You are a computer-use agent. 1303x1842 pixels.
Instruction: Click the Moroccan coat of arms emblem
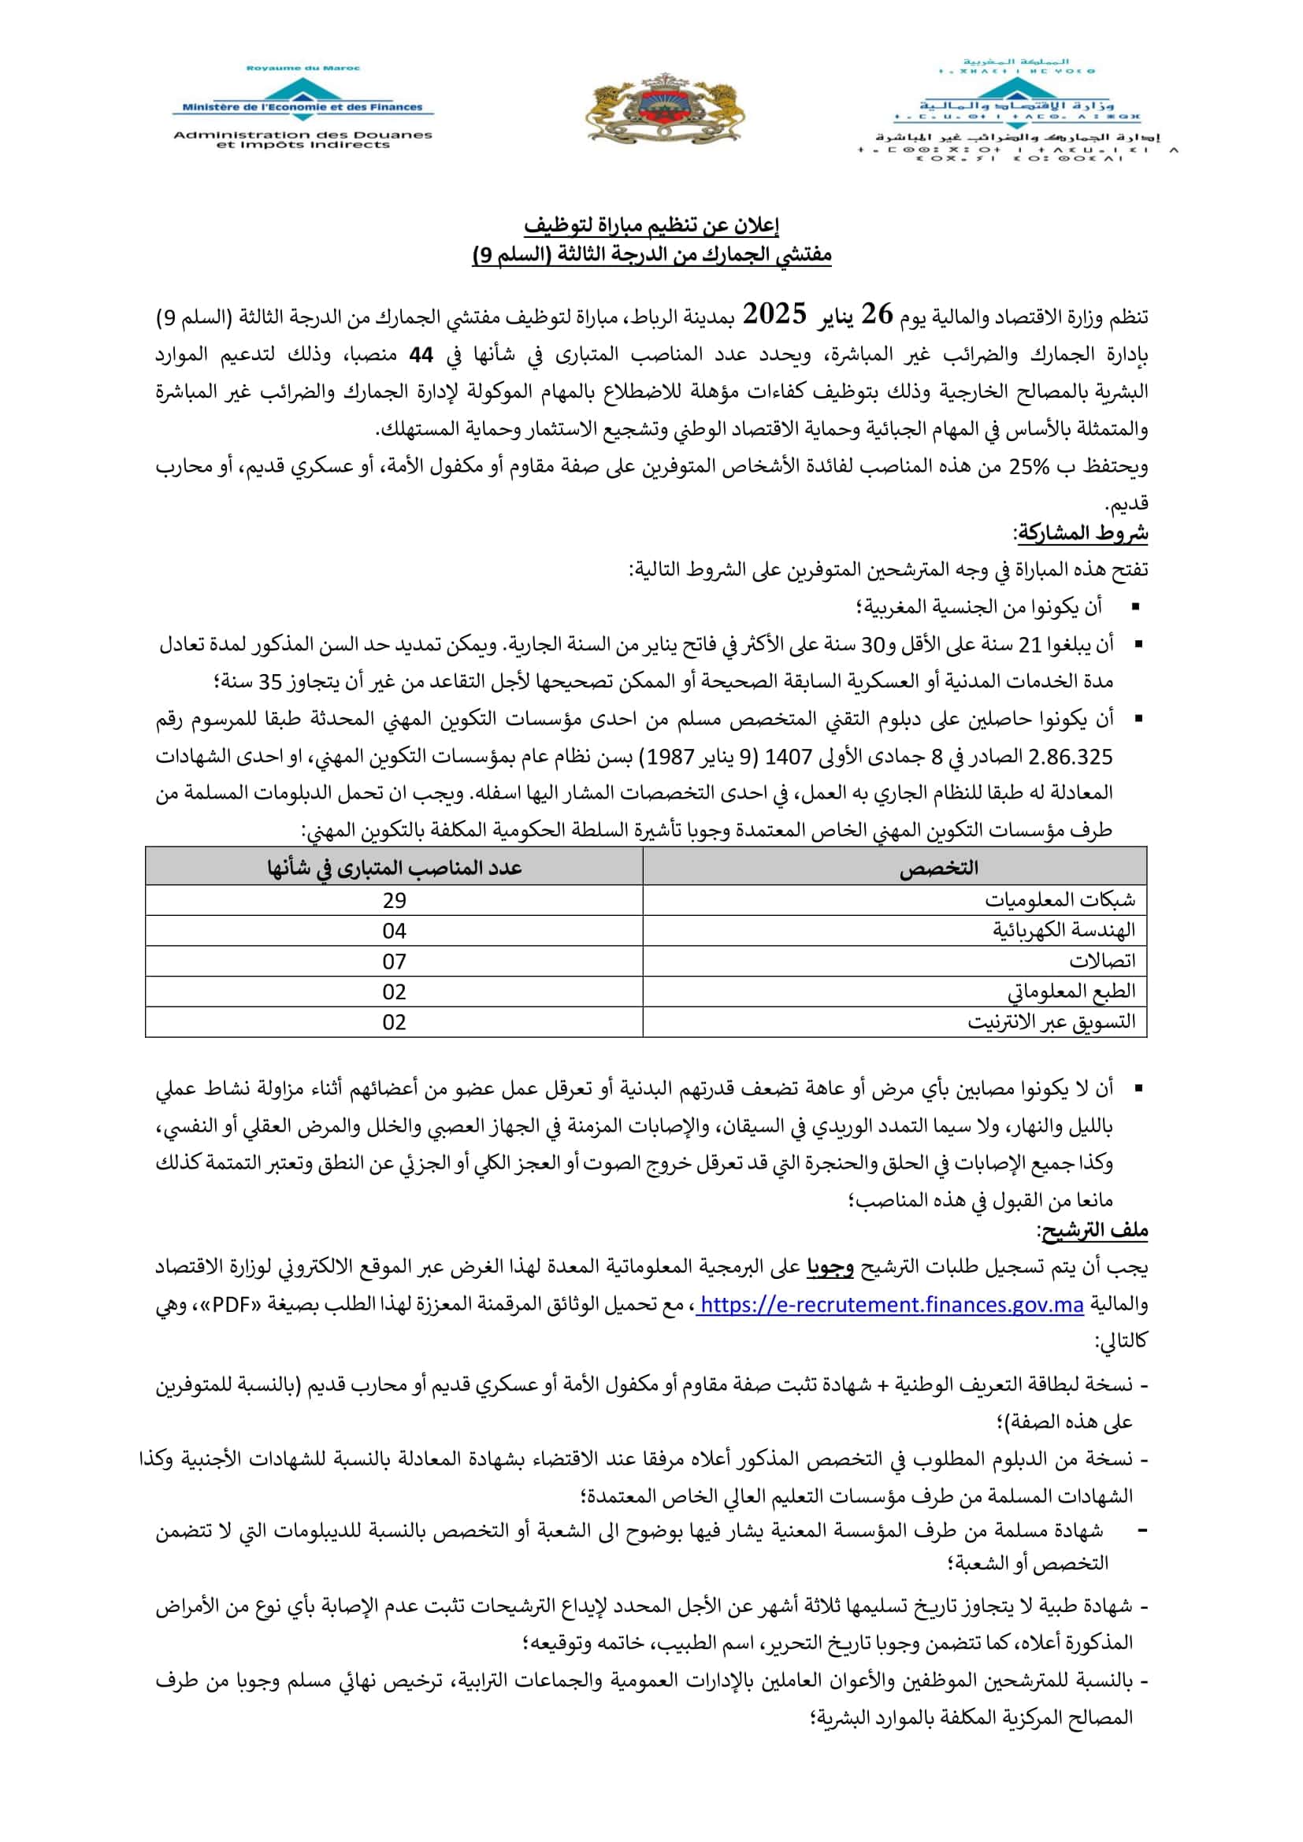click(664, 111)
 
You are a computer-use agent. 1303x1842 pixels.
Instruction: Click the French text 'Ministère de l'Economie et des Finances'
click(302, 106)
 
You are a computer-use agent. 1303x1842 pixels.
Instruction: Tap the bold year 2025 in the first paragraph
click(774, 314)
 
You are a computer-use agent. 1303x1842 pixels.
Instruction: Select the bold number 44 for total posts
click(421, 354)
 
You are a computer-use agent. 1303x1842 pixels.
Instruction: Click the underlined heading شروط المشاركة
click(1082, 532)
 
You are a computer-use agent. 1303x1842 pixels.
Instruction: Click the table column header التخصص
click(938, 868)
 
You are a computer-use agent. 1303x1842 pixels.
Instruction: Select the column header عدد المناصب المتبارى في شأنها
click(394, 868)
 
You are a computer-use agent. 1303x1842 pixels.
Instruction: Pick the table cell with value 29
click(394, 900)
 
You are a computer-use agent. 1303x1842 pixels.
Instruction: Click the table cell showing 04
click(394, 931)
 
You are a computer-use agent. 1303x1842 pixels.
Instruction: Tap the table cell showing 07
click(394, 961)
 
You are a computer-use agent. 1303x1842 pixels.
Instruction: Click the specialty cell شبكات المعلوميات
click(1060, 900)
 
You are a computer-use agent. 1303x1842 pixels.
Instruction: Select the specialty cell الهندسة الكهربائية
click(1064, 931)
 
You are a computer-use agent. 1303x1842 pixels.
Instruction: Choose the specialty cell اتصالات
click(1101, 961)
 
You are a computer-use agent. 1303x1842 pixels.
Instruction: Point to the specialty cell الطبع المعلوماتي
click(1071, 991)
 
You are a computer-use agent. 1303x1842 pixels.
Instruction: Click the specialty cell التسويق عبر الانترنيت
click(1051, 1022)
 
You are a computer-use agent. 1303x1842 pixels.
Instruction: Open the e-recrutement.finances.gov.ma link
click(891, 1305)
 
